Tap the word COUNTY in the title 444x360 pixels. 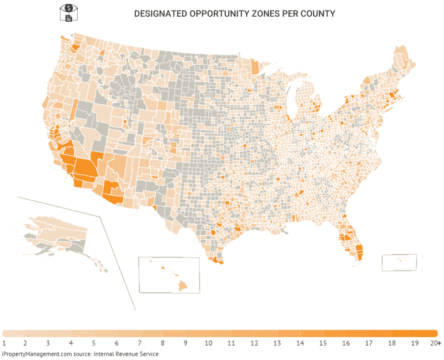pyautogui.click(x=319, y=13)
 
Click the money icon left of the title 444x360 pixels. pyautogui.click(x=68, y=12)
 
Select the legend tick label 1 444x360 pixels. pyautogui.click(x=4, y=343)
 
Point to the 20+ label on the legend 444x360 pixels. pyautogui.click(x=436, y=343)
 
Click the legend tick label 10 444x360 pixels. pyautogui.click(x=209, y=343)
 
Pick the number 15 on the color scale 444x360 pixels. pyautogui.click(x=322, y=343)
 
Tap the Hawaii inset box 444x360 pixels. pyautogui.click(x=169, y=275)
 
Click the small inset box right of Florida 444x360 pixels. pyautogui.click(x=399, y=262)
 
